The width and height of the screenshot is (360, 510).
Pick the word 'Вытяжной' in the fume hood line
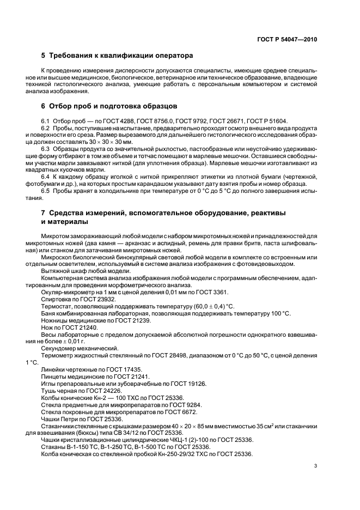pos(56,270)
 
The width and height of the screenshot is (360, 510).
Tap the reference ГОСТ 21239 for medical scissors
pos(123,320)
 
